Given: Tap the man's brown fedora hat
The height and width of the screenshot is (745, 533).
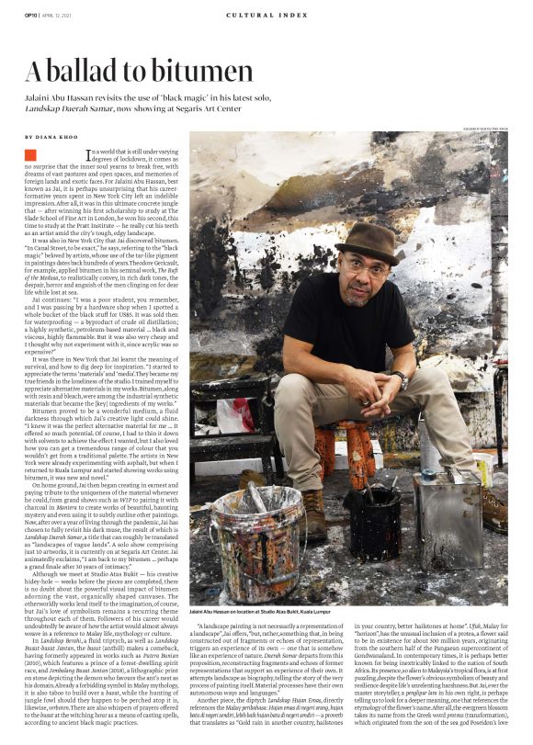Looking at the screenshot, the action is [x=366, y=242].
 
